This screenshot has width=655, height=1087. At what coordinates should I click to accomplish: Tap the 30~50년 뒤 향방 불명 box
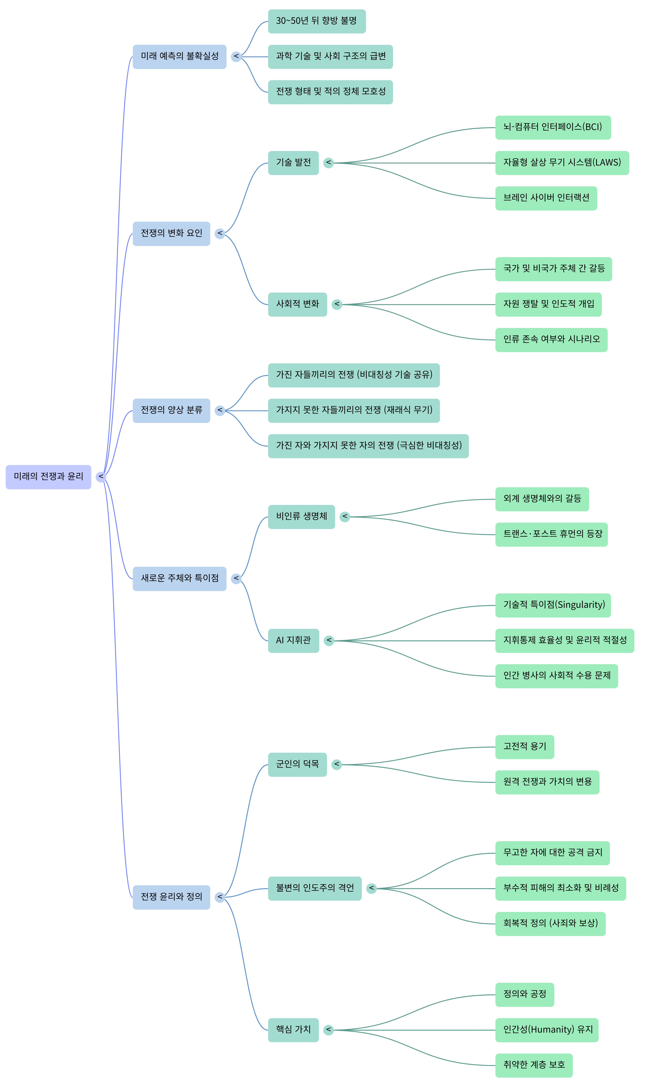317,21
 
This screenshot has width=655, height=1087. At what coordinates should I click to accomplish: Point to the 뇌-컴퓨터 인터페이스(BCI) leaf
553,128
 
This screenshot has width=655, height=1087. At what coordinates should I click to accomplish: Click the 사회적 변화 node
297,304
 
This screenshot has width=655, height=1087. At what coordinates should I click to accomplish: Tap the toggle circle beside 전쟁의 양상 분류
220,411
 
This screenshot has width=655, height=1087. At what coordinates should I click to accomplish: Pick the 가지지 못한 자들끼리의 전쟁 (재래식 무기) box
354,411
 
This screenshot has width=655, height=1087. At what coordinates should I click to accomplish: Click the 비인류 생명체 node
301,517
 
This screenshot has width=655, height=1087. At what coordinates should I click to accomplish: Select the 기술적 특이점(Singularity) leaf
553,605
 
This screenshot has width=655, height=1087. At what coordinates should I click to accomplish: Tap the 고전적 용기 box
524,747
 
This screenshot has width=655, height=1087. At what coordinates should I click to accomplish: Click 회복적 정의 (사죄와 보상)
550,924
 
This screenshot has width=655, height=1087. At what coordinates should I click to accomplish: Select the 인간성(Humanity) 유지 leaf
546,1030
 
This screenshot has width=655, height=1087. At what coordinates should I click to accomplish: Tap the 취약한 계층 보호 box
534,1065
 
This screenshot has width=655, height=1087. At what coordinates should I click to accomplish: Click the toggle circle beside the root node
101,477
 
